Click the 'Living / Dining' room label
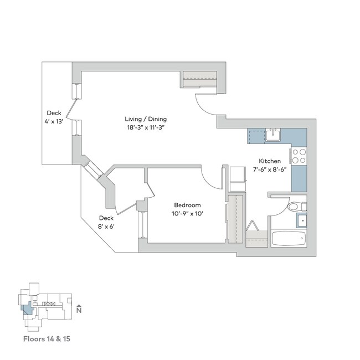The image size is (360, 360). coord(146,119)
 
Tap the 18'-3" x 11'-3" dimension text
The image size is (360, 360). coord(146,127)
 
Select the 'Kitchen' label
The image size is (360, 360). coord(270,161)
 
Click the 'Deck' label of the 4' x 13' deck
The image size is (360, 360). coord(53,112)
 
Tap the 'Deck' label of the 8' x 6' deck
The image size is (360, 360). coord(106,218)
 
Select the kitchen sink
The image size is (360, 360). coord(272,135)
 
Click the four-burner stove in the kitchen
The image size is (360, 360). coord(299,156)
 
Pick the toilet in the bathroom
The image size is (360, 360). coord(294,207)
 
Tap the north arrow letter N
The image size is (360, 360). coord(79,311)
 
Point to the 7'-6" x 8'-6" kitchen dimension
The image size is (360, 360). coord(270,169)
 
